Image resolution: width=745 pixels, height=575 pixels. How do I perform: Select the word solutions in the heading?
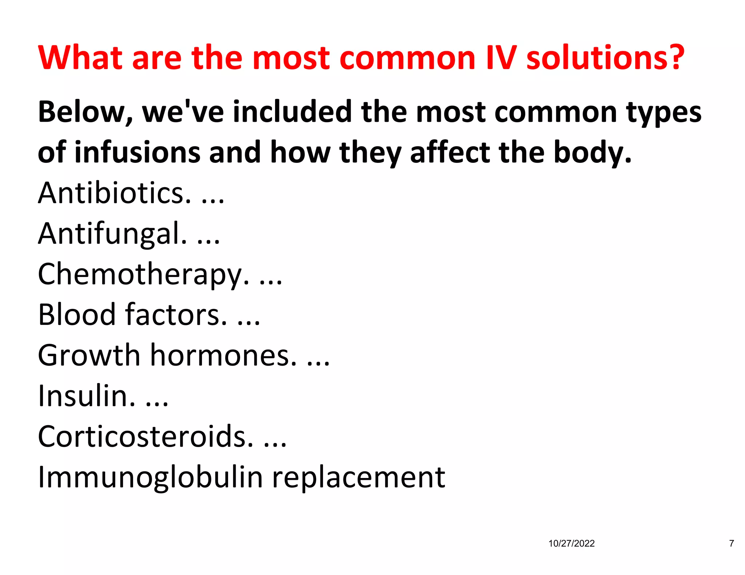[x=597, y=58]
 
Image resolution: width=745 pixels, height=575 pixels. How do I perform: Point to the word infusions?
[x=138, y=152]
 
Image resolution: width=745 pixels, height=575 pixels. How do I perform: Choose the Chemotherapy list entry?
[x=144, y=274]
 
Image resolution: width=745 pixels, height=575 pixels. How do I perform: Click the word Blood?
[x=77, y=314]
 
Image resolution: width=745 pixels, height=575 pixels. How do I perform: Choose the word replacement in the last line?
[x=359, y=478]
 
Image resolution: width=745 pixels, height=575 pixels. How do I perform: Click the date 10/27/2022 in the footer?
[x=571, y=543]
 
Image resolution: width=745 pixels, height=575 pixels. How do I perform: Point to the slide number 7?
[x=732, y=543]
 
